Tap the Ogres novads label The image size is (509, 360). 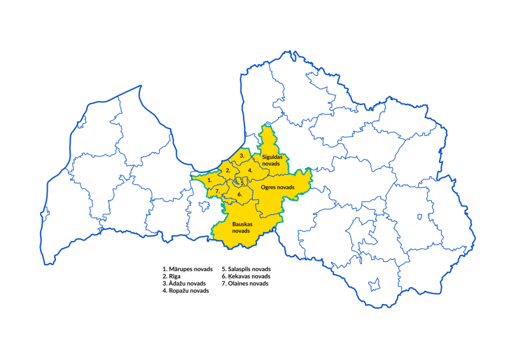coord(277,187)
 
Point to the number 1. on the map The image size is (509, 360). coord(209,180)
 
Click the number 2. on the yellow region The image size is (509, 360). coord(228,170)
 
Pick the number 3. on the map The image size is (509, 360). coord(242,156)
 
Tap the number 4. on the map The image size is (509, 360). coord(251,170)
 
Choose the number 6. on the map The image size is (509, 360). coord(240,194)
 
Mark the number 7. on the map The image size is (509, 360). coord(218,191)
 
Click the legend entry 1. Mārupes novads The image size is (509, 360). coord(187,269)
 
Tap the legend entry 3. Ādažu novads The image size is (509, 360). coord(184,284)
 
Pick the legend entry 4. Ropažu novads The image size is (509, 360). coord(186,291)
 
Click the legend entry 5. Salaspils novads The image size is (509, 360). coord(246,269)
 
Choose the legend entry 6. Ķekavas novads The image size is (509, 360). coord(246,277)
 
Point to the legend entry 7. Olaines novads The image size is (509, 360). coord(244,284)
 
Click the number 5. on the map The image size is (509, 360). coord(242,183)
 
